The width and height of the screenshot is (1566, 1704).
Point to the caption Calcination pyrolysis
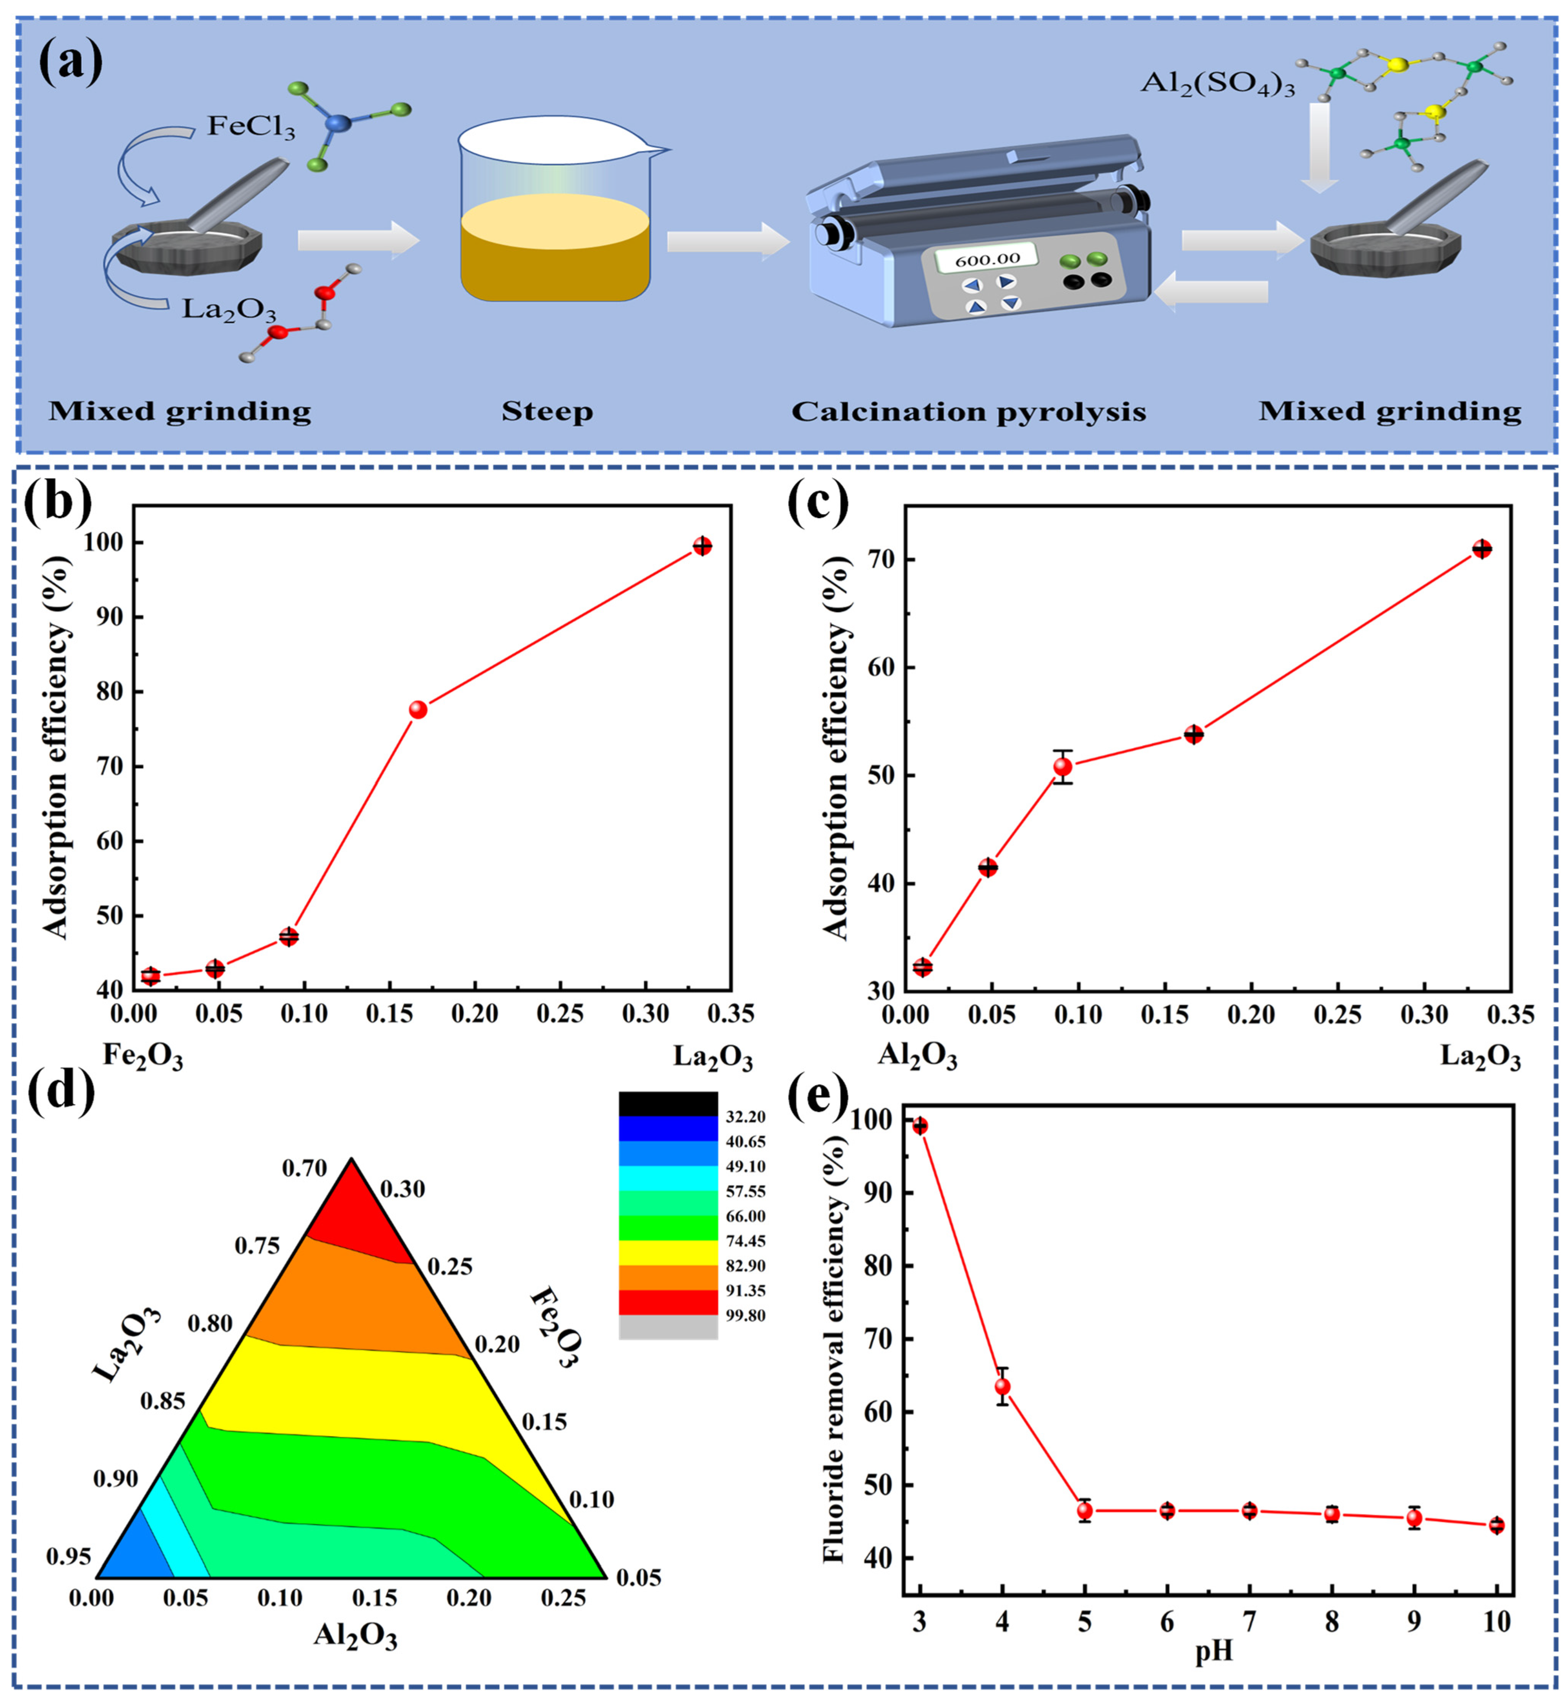969,412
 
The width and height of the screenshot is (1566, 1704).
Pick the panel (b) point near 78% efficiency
418,710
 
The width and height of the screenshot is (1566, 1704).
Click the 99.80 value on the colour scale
746,1569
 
